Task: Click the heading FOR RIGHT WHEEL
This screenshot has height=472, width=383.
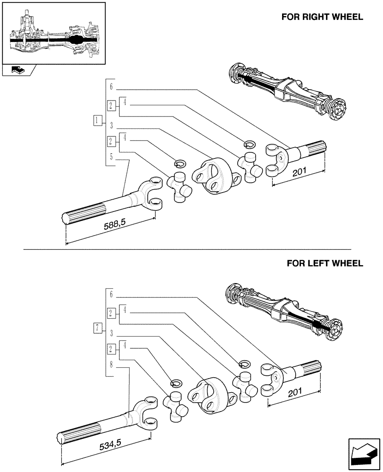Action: click(x=322, y=17)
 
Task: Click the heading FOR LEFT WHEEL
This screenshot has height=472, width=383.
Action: click(x=325, y=263)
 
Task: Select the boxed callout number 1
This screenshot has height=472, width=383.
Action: click(x=97, y=120)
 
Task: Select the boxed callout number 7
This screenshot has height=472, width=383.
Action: click(x=97, y=328)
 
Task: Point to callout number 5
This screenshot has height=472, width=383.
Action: click(x=111, y=157)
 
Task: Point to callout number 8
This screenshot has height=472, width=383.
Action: click(x=111, y=365)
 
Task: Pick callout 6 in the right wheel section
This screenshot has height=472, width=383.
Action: click(x=111, y=86)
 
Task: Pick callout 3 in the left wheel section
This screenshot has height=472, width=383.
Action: click(x=111, y=333)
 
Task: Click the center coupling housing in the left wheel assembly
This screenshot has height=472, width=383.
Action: click(x=207, y=395)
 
